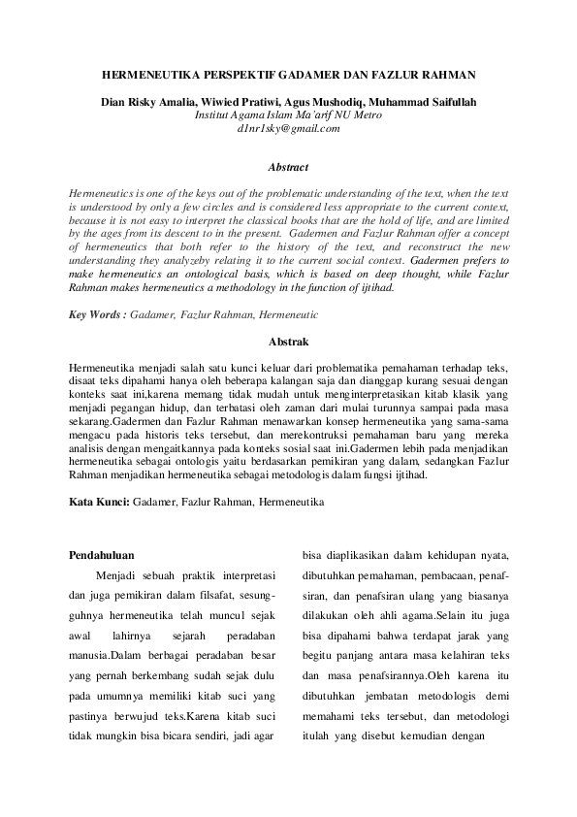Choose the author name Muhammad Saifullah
coord(425,102)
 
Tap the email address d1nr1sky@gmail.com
coord(288,127)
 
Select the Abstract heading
coord(288,167)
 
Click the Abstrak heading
coord(288,342)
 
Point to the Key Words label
coord(98,315)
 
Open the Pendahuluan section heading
coord(108,556)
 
